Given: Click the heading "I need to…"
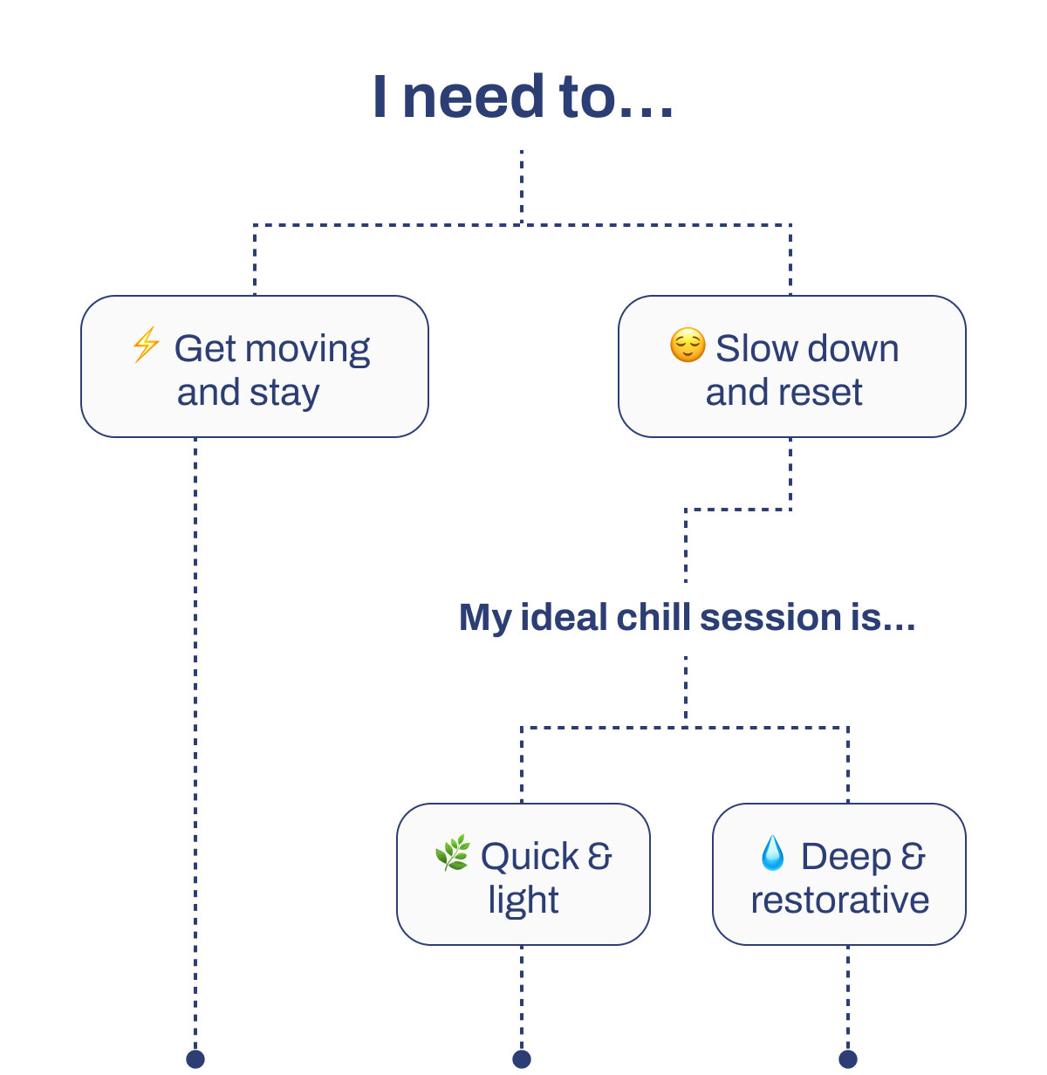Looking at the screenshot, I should (523, 97).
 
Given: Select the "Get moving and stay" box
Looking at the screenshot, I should (255, 366).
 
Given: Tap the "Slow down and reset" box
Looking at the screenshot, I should (791, 366).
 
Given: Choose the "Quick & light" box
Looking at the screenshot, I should (523, 873).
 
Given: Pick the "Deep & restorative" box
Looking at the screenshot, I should (838, 873).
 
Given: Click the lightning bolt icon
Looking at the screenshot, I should (146, 345).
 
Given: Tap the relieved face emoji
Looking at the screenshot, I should (688, 346).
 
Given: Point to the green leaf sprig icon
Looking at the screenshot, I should (452, 852).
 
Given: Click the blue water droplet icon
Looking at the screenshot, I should (772, 853).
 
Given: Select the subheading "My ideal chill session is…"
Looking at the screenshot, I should (687, 617).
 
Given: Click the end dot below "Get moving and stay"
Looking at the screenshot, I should (195, 1058).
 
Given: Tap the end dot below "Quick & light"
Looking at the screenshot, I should (522, 1058).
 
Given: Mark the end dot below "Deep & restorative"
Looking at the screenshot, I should (847, 1058).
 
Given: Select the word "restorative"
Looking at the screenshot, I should (839, 900).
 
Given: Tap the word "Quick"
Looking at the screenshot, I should (529, 857).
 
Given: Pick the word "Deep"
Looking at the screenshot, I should (845, 857).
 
